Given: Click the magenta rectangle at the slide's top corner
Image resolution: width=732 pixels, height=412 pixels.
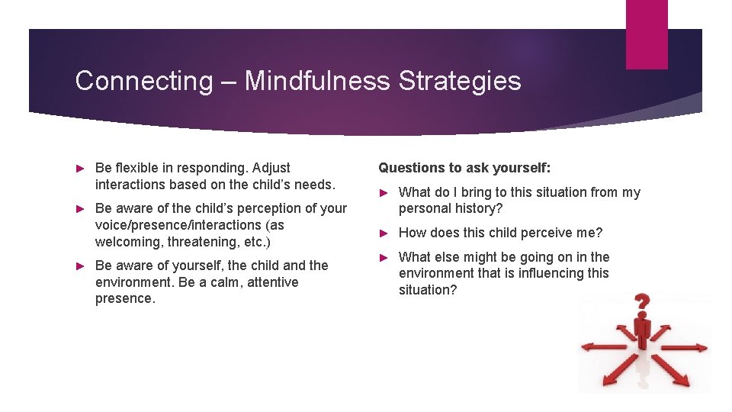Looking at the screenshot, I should (646, 34).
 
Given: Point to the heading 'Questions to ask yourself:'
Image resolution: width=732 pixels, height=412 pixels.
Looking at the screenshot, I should (464, 168).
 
